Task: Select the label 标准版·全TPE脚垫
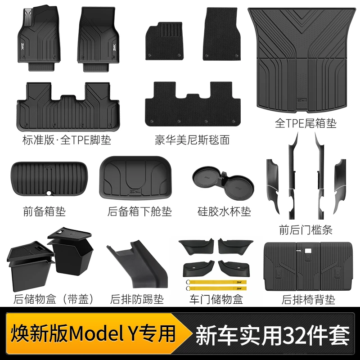(63, 140)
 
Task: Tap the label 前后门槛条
(306, 230)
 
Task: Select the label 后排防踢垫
(137, 299)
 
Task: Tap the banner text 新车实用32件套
(272, 335)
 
